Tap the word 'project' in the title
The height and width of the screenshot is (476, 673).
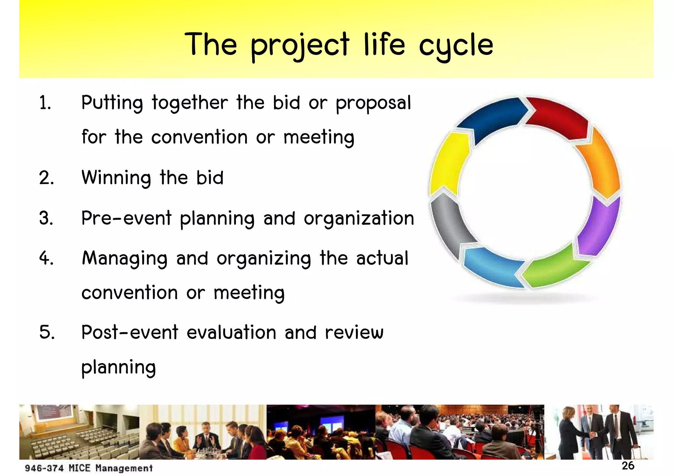[300, 46]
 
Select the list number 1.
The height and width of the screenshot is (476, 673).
[45, 103]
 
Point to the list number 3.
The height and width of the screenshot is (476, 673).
[46, 218]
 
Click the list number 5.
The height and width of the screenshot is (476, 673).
[47, 332]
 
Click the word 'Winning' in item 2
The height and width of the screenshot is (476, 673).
[116, 178]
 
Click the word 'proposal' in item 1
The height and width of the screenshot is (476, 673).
[373, 103]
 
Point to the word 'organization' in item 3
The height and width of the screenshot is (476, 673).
[359, 218]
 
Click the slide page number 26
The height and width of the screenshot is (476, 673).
[628, 466]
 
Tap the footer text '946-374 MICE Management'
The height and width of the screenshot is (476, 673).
[89, 468]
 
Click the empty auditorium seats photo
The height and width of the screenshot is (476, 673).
[79, 432]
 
